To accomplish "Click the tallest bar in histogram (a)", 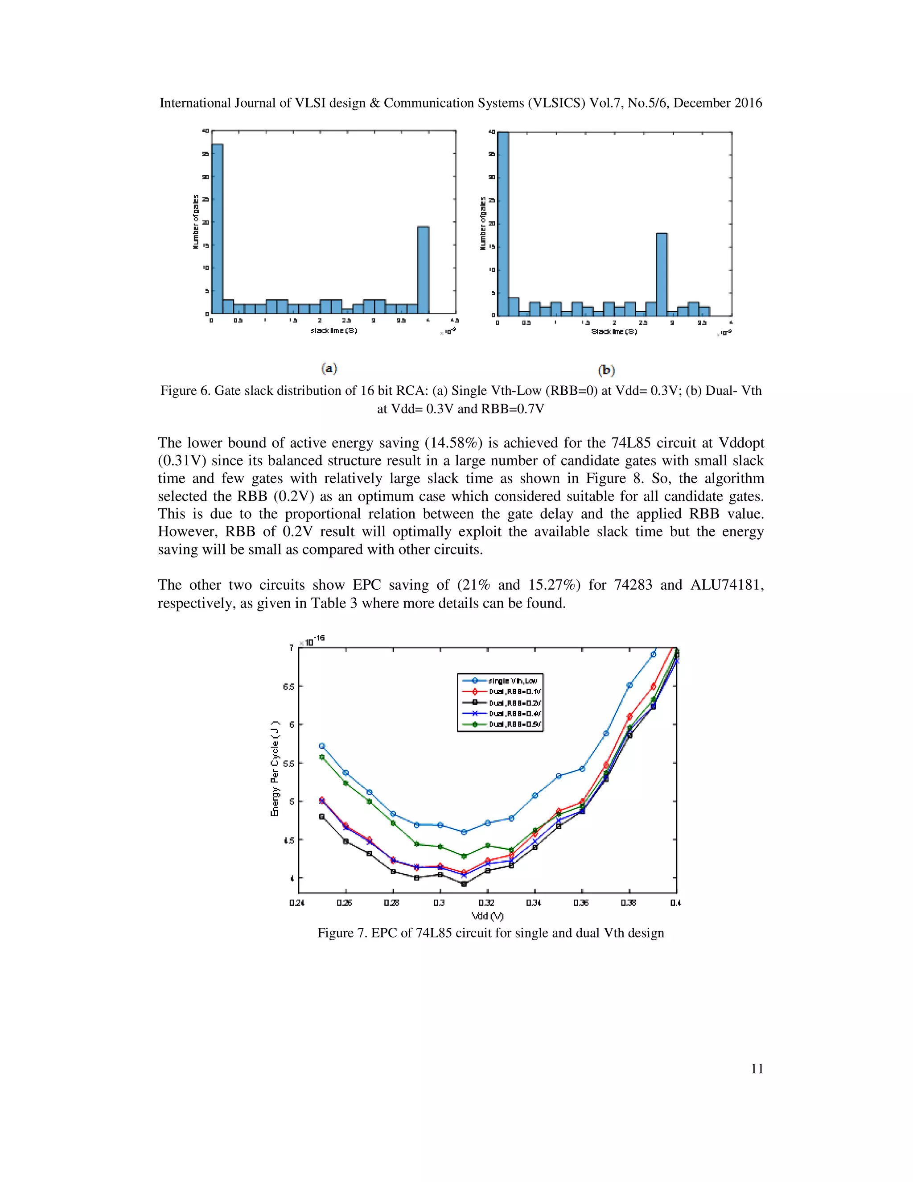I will click(x=217, y=228).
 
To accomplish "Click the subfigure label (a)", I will click(x=329, y=368).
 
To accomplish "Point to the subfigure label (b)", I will click(x=606, y=370).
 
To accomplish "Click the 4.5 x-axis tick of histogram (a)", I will click(x=454, y=320).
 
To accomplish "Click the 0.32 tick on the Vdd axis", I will click(x=486, y=902).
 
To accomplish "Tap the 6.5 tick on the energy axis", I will click(x=288, y=686).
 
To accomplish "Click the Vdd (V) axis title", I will click(x=487, y=916).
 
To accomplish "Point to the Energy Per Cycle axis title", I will click(x=276, y=768).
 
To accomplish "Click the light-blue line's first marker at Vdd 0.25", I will click(x=322, y=746).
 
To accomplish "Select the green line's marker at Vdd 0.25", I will click(x=322, y=757).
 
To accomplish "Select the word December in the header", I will click(x=693, y=103).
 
